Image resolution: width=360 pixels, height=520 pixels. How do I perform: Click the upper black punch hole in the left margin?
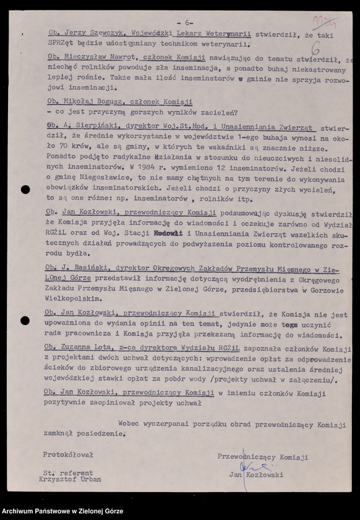click(25, 189)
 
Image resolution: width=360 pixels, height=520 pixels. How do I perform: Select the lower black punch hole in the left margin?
click(25, 321)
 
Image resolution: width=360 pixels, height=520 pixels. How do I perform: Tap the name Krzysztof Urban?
click(70, 479)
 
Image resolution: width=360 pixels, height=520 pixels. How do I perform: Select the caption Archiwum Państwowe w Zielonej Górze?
click(62, 511)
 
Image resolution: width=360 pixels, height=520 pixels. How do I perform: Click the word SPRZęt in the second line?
click(61, 45)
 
